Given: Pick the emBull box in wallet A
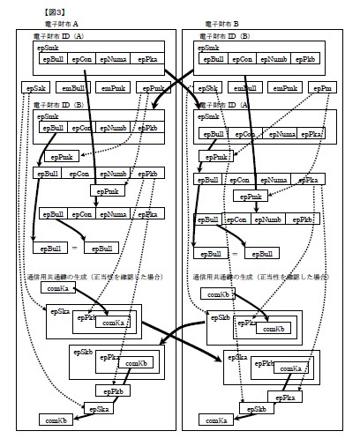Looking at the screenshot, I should click(74, 89).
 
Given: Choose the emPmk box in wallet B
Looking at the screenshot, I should click(285, 89).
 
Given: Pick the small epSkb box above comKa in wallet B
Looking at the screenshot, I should click(254, 410).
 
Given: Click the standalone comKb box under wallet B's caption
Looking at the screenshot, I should click(218, 293).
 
